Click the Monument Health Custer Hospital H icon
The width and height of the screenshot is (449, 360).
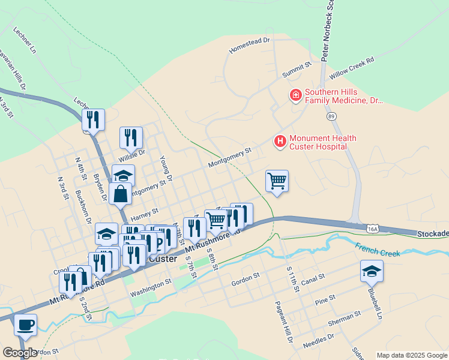click(280, 142)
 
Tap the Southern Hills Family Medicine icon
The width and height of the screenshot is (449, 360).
click(295, 95)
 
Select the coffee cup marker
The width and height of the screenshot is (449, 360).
click(25, 326)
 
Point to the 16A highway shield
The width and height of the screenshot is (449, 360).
click(372, 228)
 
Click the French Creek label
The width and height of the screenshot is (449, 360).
click(377, 250)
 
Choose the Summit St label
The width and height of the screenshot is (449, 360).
click(297, 69)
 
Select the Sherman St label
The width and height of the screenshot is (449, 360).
click(345, 317)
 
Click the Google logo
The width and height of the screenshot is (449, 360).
click(20, 353)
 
